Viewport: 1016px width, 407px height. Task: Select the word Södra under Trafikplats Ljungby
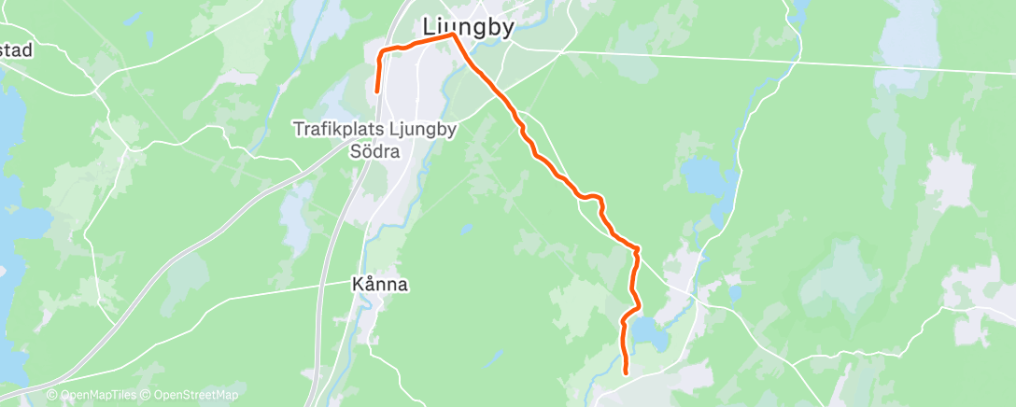point(374,150)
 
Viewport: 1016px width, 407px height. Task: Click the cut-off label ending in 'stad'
point(17,49)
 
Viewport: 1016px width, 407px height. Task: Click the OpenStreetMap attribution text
point(190,396)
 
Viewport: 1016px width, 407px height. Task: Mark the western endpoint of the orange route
point(376,91)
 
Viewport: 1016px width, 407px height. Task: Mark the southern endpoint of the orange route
point(625,372)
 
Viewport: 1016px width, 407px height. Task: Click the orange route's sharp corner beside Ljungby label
point(454,35)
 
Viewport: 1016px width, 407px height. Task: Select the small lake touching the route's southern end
point(651,334)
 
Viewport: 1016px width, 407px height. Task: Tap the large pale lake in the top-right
point(908,37)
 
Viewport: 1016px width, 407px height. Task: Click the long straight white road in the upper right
point(794,60)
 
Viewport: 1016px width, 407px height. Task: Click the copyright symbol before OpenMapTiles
point(52,396)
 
